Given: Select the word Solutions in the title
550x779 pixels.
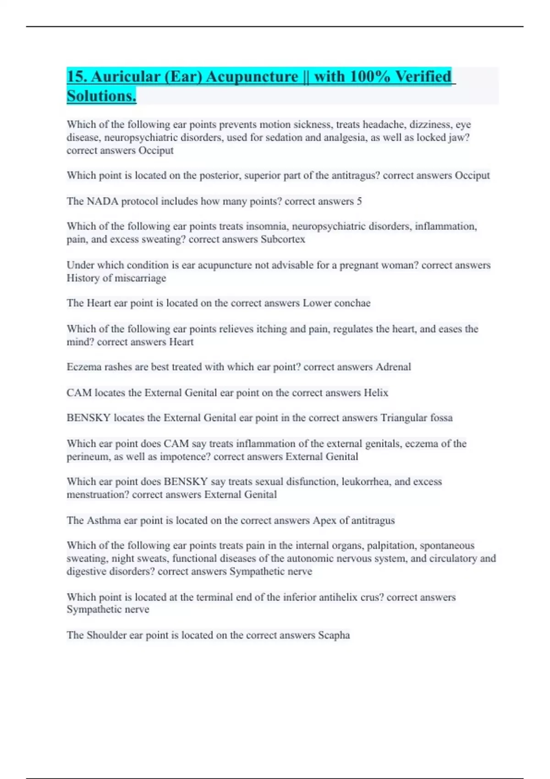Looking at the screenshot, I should (101, 96).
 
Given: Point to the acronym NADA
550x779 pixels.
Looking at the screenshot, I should (102, 201).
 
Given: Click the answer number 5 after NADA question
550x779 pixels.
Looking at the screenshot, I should (359, 201).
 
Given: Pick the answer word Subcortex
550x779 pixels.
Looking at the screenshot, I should (283, 239).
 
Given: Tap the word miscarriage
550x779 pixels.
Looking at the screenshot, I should (143, 278).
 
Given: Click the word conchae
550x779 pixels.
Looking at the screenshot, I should (352, 303).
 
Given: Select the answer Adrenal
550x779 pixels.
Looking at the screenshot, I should (393, 367).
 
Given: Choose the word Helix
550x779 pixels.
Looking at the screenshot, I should (376, 393).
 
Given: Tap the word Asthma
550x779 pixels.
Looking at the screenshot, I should (104, 521).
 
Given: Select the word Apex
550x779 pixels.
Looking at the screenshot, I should (324, 521).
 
